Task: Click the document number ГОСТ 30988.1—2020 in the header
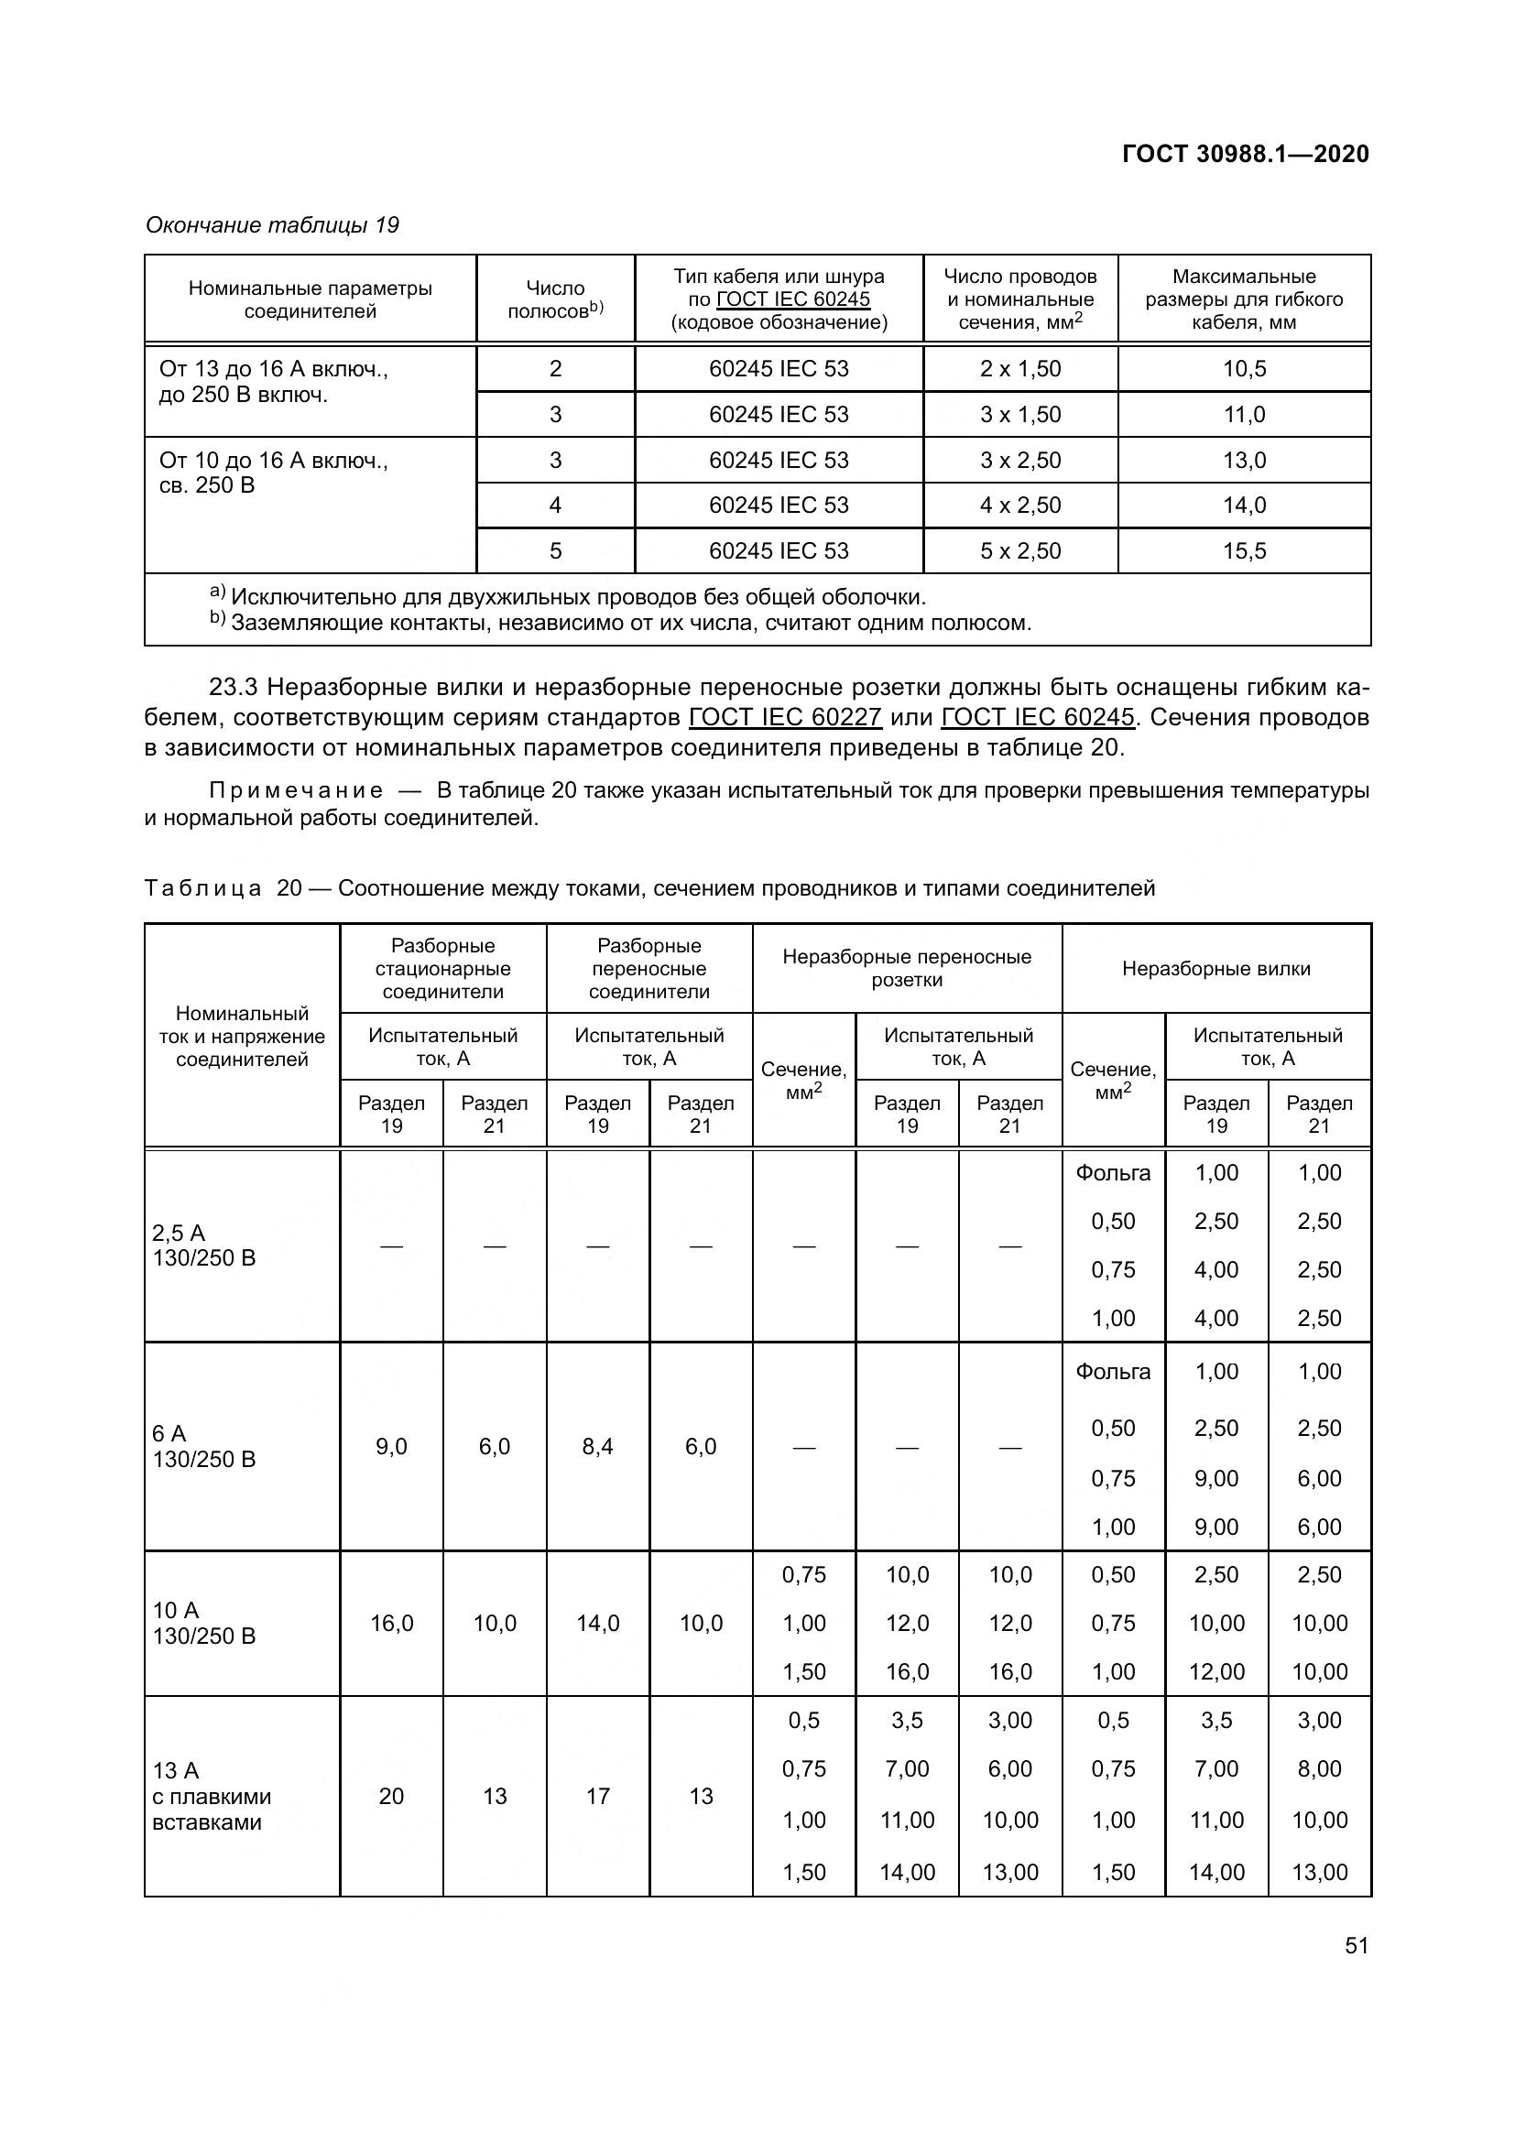(x=1245, y=154)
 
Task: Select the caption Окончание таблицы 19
(x=272, y=226)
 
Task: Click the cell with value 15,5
(x=1245, y=551)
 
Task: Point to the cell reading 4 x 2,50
(x=1019, y=506)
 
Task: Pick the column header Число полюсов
(x=555, y=299)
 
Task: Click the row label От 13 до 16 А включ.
(x=273, y=369)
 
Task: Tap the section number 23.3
(x=234, y=688)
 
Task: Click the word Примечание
(x=296, y=791)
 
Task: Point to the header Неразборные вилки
(x=1215, y=969)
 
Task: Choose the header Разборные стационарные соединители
(x=443, y=969)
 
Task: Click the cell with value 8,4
(x=597, y=1447)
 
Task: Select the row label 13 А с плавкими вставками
(x=212, y=1797)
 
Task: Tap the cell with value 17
(x=597, y=1796)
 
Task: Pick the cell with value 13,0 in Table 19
(x=1245, y=461)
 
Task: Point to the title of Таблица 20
(x=649, y=888)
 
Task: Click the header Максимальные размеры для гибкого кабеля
(x=1244, y=299)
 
